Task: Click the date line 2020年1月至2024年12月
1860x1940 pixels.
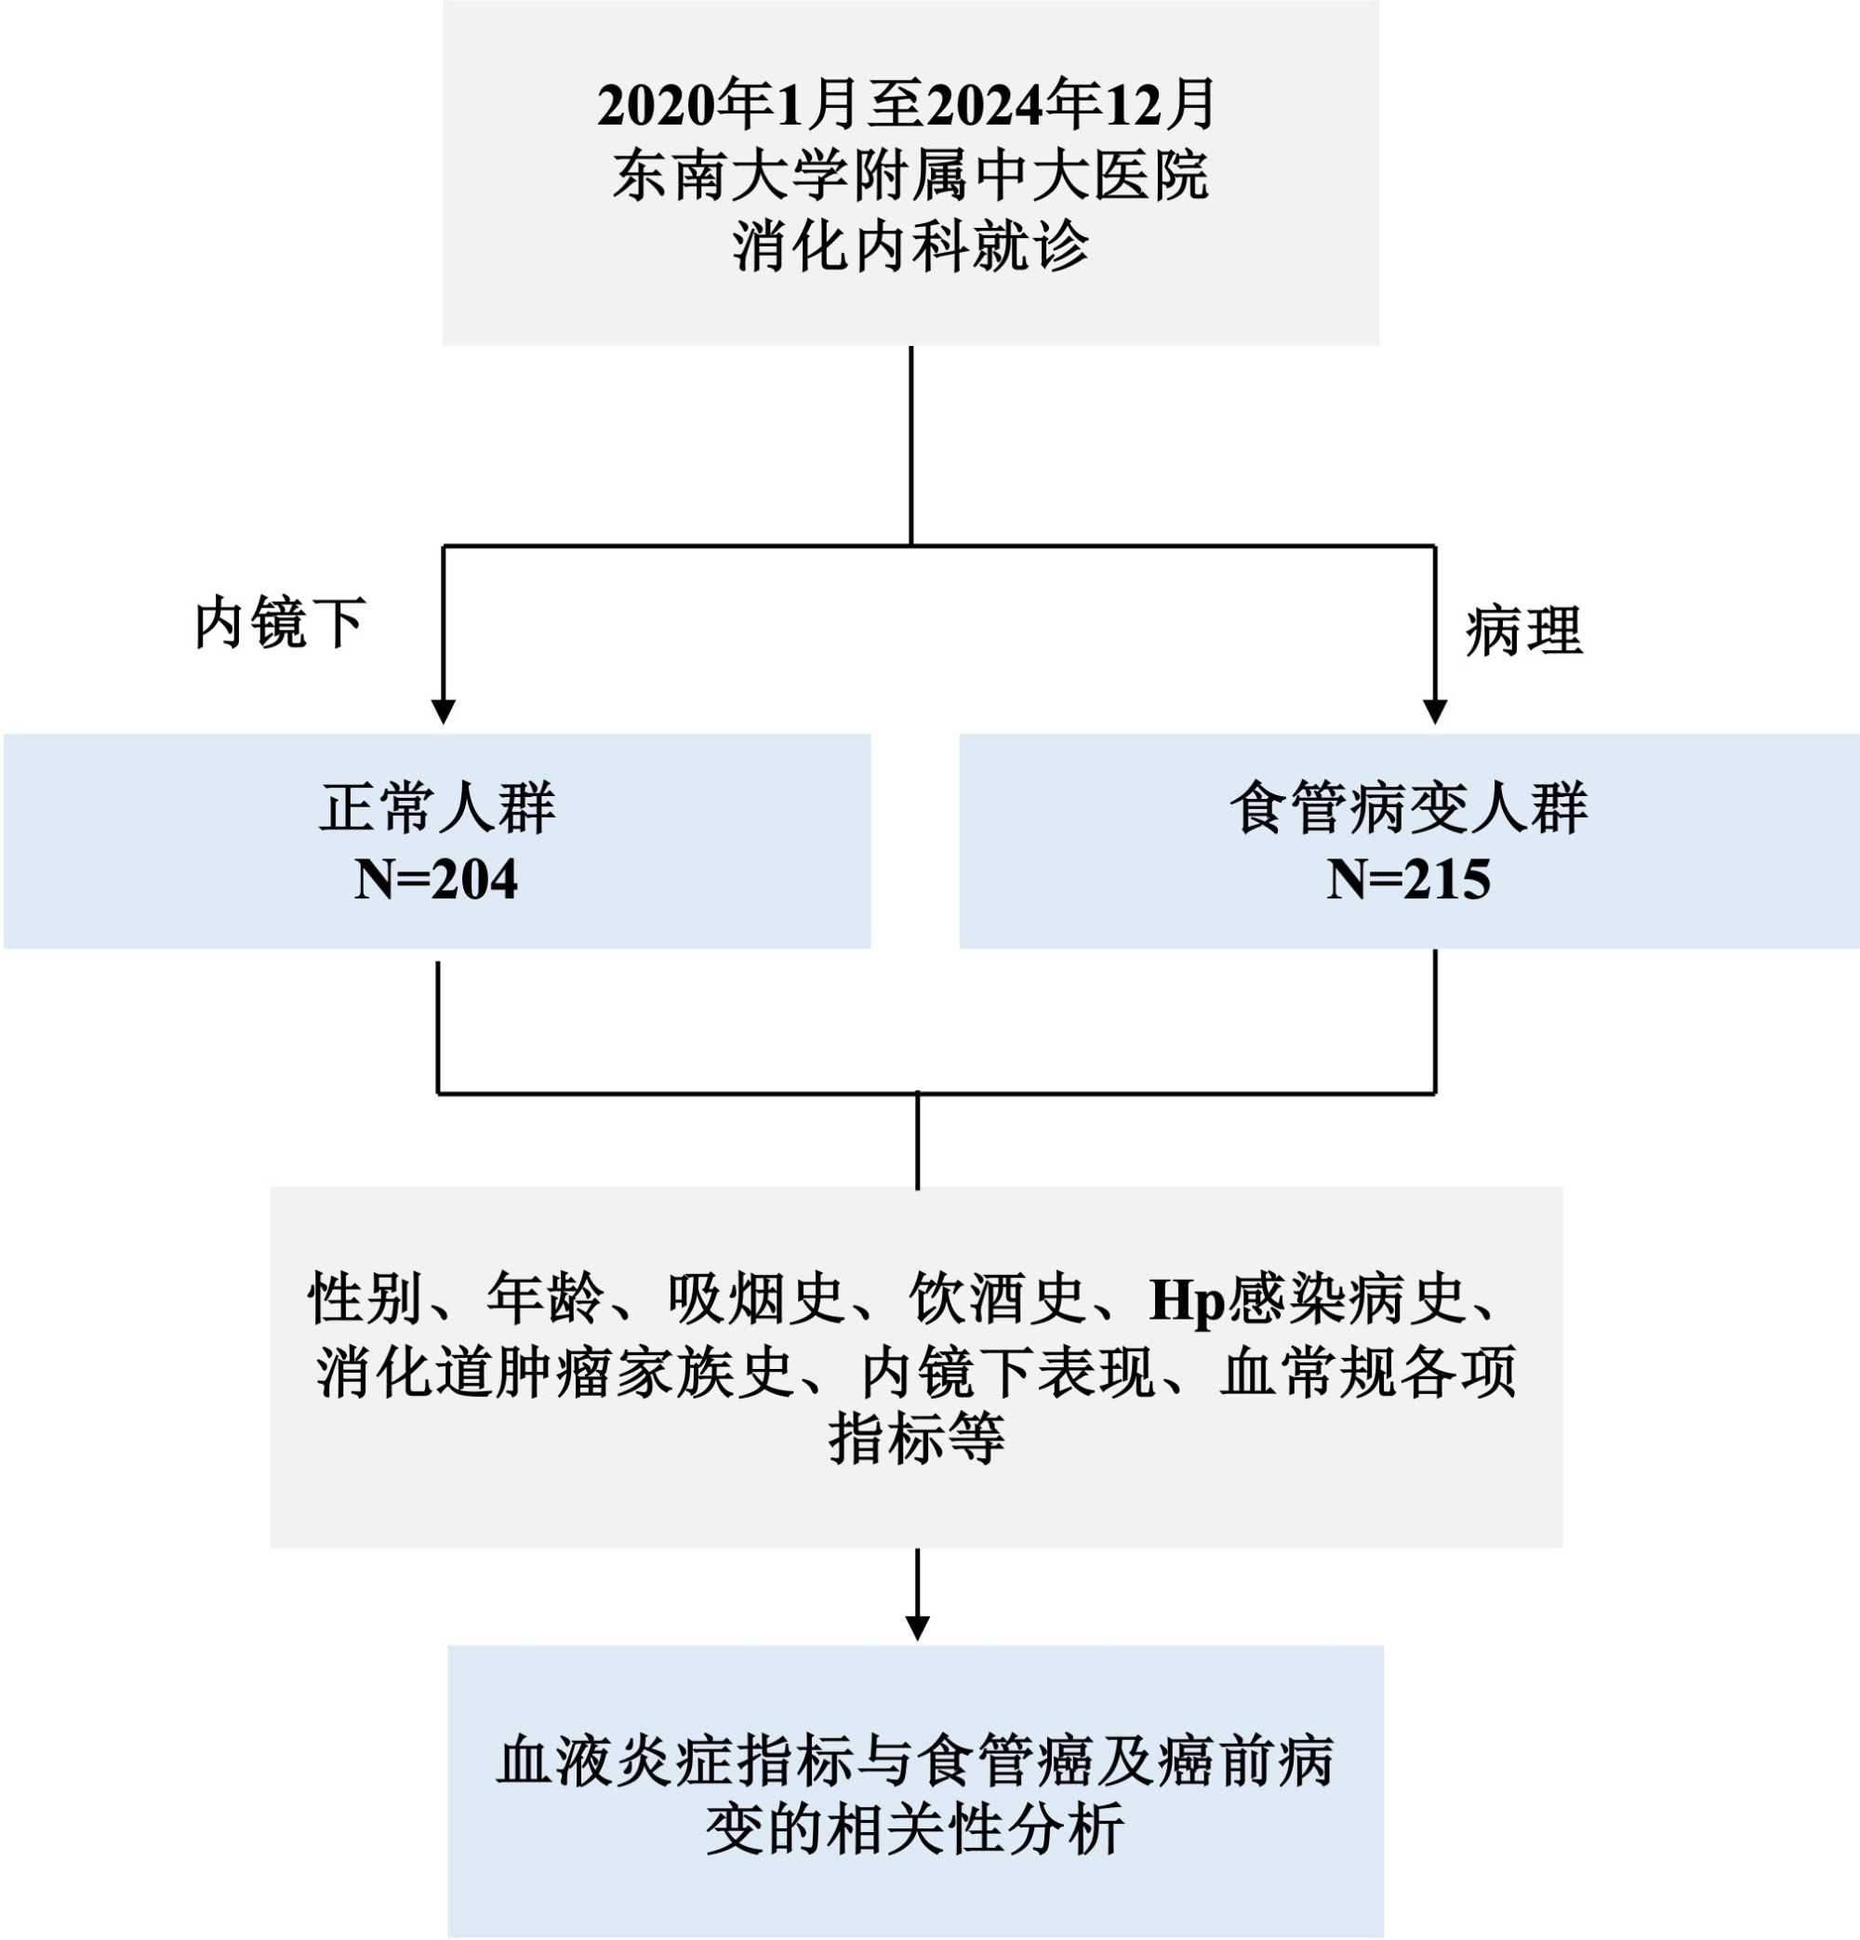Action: coord(907,105)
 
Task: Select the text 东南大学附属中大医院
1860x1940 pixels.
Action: coord(910,176)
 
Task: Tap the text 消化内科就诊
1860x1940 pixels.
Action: coord(910,246)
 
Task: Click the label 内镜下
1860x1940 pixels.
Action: coord(280,623)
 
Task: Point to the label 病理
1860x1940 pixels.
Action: coord(1523,631)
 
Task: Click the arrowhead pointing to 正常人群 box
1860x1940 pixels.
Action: coord(444,711)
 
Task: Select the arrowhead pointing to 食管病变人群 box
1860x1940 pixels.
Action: coord(1434,711)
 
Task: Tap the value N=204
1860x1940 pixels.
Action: coord(435,879)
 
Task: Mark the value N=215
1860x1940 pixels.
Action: coord(1408,879)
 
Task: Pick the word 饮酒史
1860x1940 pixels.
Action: coord(997,1298)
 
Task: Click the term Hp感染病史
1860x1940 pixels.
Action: coord(1306,1298)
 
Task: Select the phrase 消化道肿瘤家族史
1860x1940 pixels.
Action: coord(555,1372)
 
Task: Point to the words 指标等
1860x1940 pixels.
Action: coord(917,1438)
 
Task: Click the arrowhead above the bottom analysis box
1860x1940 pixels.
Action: coord(918,1628)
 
